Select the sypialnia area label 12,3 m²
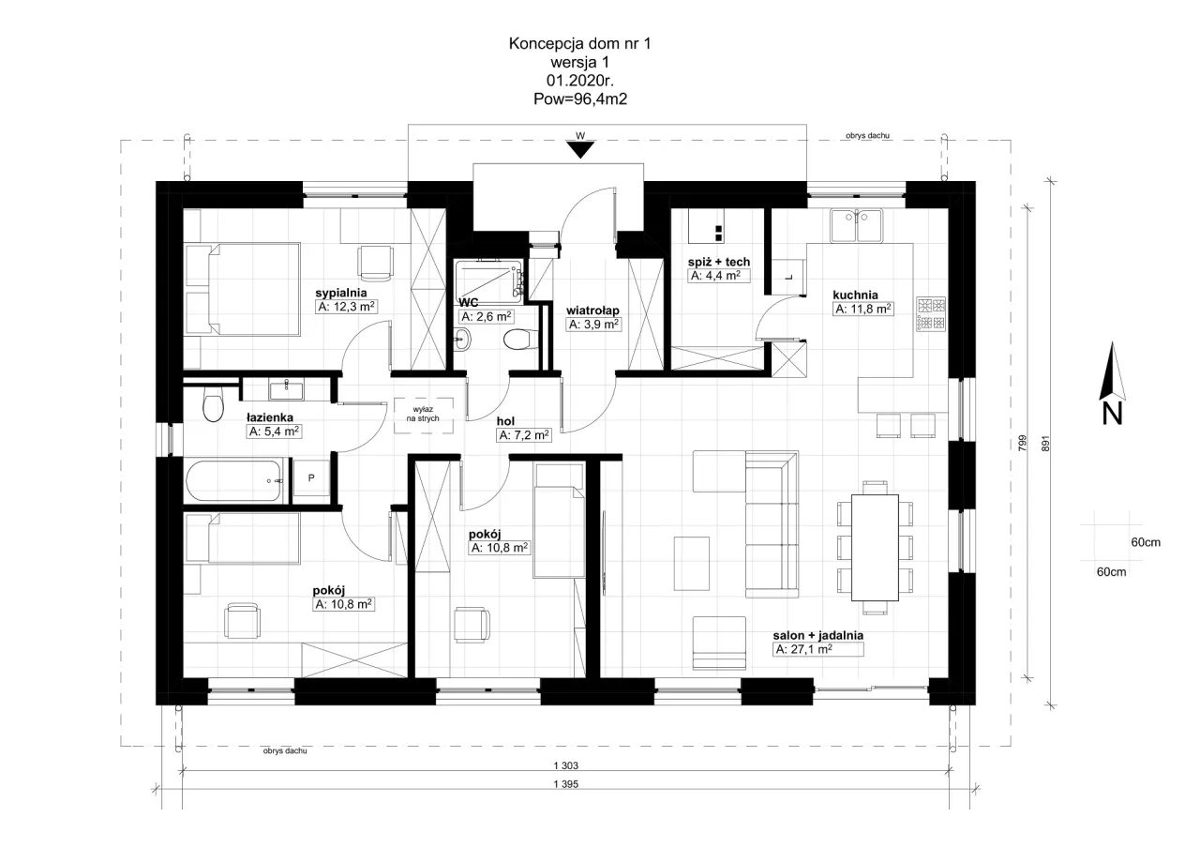point(346,307)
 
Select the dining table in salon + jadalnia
point(874,549)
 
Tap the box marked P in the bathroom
point(310,477)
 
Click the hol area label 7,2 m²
point(523,435)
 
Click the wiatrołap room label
point(592,310)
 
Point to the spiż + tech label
point(719,261)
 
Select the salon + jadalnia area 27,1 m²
point(804,649)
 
